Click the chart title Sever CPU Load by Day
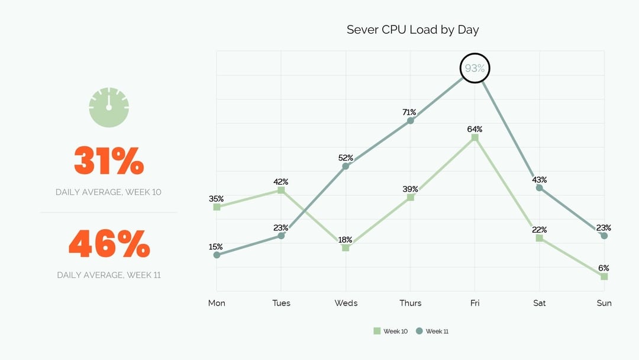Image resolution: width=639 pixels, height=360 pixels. [412, 30]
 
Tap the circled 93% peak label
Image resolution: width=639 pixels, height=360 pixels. [475, 68]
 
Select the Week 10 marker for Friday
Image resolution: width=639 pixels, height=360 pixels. [475, 137]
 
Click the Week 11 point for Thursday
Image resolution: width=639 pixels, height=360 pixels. [411, 121]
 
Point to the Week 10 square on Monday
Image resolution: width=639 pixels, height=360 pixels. [217, 207]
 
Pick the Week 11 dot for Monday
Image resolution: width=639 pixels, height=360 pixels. [217, 255]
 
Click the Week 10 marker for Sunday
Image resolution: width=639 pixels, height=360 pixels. [604, 277]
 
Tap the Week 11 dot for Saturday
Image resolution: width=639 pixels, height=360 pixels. [539, 188]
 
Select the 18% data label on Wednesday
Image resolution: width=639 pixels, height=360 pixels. [346, 240]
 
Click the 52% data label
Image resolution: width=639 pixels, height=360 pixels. [346, 158]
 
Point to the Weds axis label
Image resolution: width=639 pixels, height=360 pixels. [346, 303]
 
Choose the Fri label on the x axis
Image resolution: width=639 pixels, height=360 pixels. [475, 303]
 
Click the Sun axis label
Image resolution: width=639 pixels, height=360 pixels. [604, 303]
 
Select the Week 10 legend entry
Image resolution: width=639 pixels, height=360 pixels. [390, 331]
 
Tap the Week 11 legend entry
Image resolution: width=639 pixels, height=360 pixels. [433, 331]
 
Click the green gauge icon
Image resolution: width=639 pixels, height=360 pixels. [109, 107]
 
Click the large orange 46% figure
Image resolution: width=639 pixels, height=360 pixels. [109, 243]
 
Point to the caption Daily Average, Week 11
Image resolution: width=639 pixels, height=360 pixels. [109, 275]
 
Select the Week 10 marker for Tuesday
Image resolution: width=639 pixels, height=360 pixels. [281, 190]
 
